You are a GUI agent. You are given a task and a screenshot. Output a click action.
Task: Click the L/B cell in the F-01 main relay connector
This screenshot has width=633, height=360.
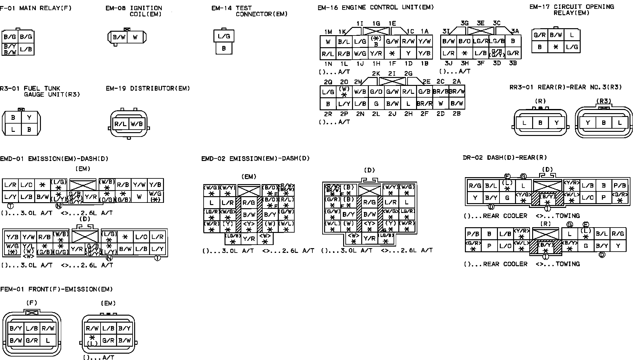pyautogui.click(x=26, y=49)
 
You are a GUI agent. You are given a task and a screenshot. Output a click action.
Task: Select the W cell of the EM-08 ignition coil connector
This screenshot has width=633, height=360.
pyautogui.click(x=135, y=37)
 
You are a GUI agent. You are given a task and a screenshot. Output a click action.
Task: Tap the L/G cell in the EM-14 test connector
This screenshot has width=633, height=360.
pyautogui.click(x=224, y=36)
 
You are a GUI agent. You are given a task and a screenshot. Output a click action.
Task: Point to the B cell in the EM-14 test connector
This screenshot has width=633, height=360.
pyautogui.click(x=224, y=48)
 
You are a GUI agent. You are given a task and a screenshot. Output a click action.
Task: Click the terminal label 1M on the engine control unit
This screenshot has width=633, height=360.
pyautogui.click(x=328, y=32)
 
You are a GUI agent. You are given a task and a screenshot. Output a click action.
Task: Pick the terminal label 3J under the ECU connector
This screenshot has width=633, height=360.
pyautogui.click(x=448, y=63)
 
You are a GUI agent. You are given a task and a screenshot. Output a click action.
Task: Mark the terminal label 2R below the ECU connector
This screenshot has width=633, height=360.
pyautogui.click(x=328, y=113)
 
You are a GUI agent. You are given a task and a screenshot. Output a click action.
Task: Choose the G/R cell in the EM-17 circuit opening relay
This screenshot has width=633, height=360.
pyautogui.click(x=539, y=35)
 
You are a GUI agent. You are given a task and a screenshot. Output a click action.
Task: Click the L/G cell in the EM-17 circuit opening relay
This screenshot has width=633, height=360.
pyautogui.click(x=572, y=47)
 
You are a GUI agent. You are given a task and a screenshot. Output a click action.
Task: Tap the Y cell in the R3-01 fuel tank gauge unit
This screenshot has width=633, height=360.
pyautogui.click(x=29, y=118)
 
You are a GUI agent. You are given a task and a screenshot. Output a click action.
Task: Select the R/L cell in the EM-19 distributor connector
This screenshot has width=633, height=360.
pyautogui.click(x=121, y=124)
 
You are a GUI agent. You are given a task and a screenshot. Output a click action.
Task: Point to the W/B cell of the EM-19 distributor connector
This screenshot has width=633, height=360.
pyautogui.click(x=137, y=124)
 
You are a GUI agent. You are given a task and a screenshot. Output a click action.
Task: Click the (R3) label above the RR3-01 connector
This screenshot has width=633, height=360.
pyautogui.click(x=604, y=101)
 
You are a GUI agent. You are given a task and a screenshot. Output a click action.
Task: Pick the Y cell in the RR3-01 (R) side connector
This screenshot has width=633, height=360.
pyautogui.click(x=557, y=123)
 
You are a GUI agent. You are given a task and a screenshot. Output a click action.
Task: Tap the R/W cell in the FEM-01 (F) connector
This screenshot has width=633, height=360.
pyautogui.click(x=48, y=328)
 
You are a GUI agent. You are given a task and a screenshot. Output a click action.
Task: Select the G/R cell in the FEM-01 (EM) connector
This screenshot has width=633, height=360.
pyautogui.click(x=108, y=341)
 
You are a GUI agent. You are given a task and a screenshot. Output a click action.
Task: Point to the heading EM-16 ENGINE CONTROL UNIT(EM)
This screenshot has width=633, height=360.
pyautogui.click(x=376, y=7)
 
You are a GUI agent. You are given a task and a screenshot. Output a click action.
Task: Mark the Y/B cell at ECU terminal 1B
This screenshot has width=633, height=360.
pyautogui.click(x=424, y=54)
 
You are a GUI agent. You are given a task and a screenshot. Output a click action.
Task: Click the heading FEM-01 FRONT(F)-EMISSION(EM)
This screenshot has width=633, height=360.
pyautogui.click(x=56, y=289)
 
